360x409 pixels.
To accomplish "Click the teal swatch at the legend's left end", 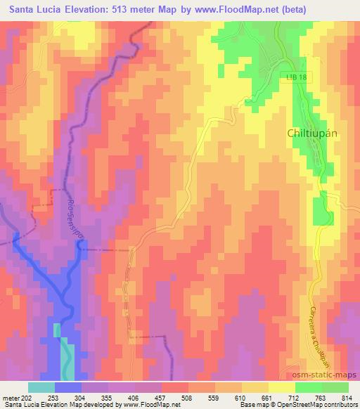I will click(41, 387).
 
